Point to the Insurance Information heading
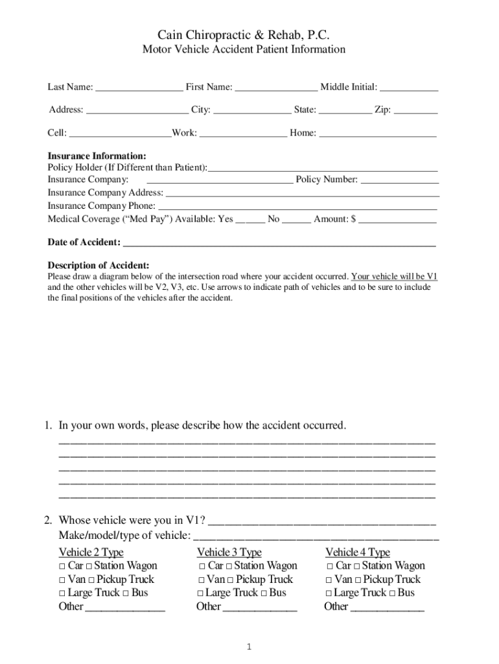(97, 156)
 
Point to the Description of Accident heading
(99, 265)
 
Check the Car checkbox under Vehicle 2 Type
(62, 567)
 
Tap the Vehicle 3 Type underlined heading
(229, 552)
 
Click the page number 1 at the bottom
(249, 647)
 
